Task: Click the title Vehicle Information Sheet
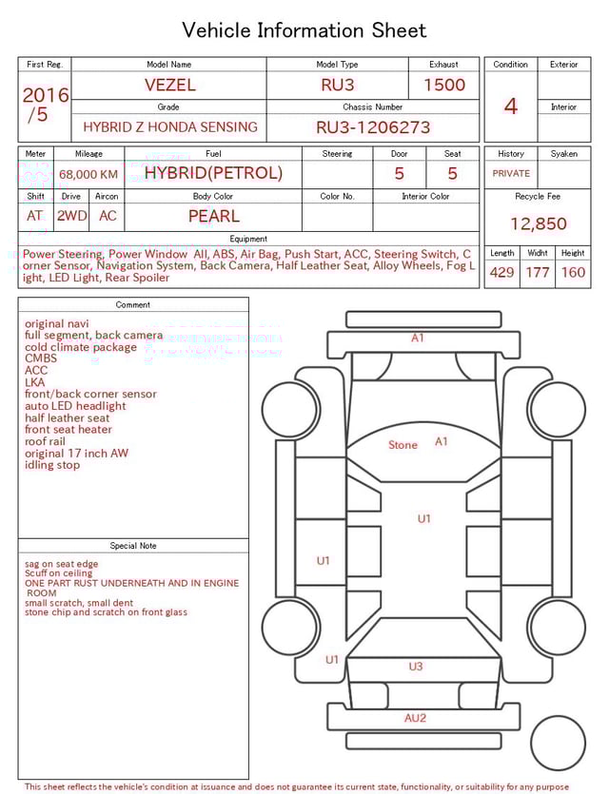(x=304, y=30)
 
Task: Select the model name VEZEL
(x=169, y=85)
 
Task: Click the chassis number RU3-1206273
(x=373, y=127)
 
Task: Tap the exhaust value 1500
(x=444, y=85)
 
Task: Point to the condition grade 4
(x=511, y=107)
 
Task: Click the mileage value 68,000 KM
(x=88, y=174)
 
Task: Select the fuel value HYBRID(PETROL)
(x=213, y=173)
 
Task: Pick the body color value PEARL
(x=213, y=216)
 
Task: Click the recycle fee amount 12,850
(x=538, y=224)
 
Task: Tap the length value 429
(x=501, y=273)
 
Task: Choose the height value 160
(x=573, y=273)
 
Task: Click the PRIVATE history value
(x=511, y=174)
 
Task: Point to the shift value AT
(x=35, y=216)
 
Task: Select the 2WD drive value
(x=71, y=216)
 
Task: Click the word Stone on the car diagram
(x=403, y=445)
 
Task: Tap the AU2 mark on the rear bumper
(x=415, y=718)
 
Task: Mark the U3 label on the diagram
(x=415, y=667)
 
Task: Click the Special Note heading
(x=133, y=546)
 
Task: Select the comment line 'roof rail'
(x=46, y=441)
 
